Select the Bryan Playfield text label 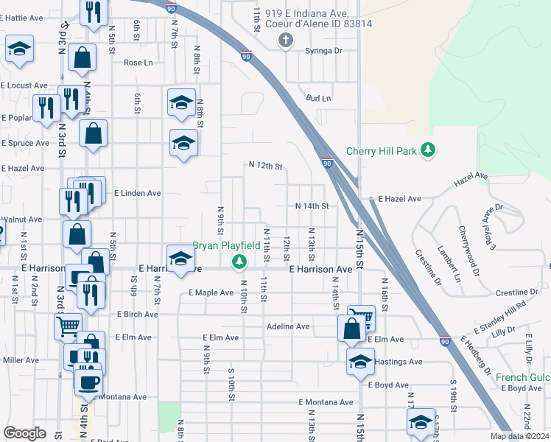(226, 245)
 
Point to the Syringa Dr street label (324, 51)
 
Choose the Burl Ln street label (319, 98)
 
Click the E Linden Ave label (136, 193)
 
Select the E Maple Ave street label (211, 292)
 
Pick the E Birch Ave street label (138, 314)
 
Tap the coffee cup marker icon (90, 382)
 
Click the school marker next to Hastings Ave (359, 362)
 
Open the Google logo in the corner (24, 433)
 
